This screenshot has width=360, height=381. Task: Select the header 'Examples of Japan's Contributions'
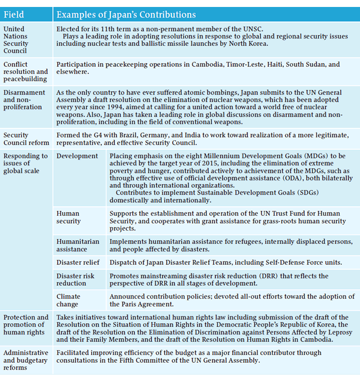tap(126, 14)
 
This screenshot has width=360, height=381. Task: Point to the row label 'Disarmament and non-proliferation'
tap(25, 100)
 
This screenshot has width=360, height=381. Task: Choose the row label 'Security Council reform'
tap(26, 139)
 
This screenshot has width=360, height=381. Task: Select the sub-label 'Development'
tap(77, 156)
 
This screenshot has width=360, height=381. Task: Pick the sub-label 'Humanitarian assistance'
tap(78, 245)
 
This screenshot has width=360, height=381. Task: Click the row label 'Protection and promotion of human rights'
tap(26, 325)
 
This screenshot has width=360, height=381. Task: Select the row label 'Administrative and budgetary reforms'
tap(26, 360)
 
